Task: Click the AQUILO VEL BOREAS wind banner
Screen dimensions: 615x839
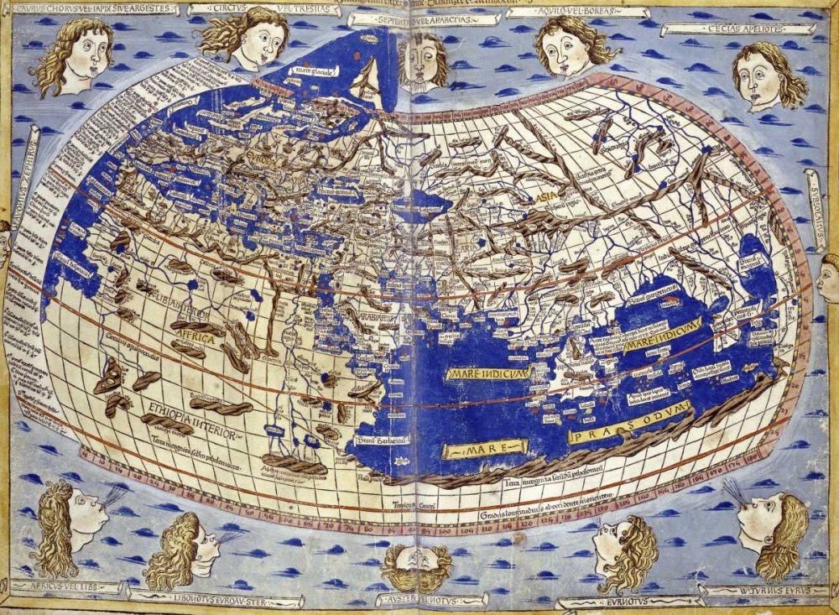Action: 578,13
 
